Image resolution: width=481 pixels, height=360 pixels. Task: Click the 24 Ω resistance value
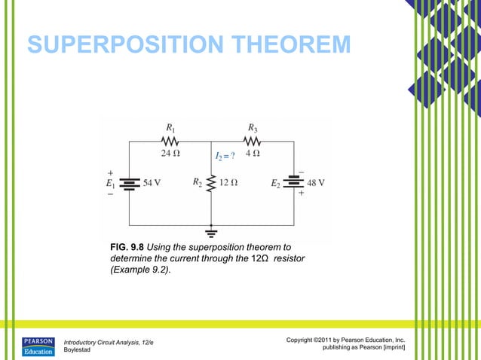tap(170, 154)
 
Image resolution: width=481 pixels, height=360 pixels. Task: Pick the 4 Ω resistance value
tap(253, 154)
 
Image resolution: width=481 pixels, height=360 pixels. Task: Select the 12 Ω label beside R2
tap(229, 182)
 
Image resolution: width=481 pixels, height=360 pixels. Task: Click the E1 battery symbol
tap(130, 183)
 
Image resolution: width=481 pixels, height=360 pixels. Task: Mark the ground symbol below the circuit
tap(212, 233)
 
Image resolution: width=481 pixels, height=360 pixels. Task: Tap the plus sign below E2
tap(301, 194)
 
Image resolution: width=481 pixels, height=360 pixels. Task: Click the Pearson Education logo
tap(38, 346)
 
